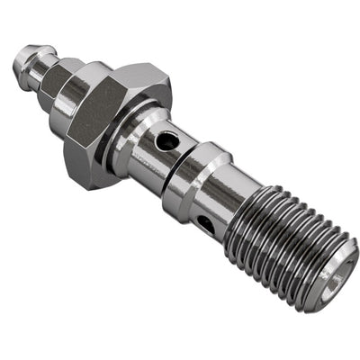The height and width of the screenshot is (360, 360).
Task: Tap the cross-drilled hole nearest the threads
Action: click(x=207, y=220)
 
